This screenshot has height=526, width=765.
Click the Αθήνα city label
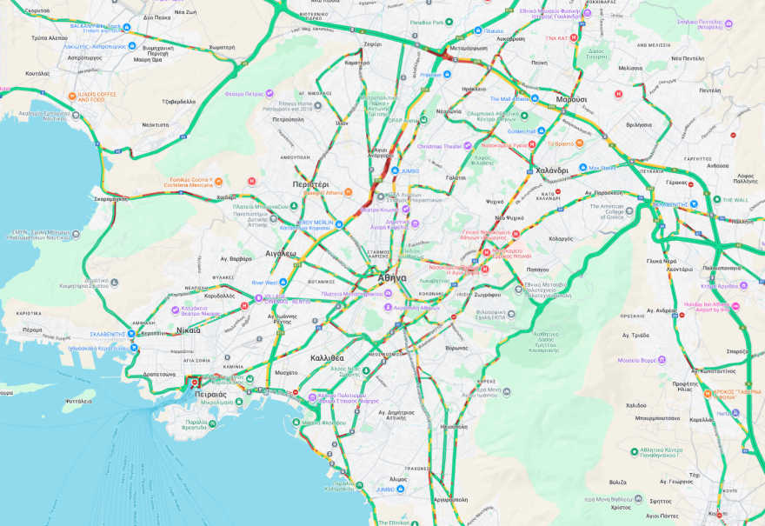391,277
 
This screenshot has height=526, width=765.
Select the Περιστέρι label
310,185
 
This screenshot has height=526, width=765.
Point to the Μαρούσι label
571,99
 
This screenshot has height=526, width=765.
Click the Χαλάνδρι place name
551,170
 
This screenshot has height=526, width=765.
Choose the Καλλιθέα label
327,357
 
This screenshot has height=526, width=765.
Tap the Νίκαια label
188,330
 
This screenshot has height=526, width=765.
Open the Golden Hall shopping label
533,131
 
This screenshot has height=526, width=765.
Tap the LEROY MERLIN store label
315,223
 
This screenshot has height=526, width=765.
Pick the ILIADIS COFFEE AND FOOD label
96,97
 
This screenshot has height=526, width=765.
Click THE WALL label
735,200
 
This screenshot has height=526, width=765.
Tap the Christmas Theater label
440,146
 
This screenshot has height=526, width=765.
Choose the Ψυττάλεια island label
78,401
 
